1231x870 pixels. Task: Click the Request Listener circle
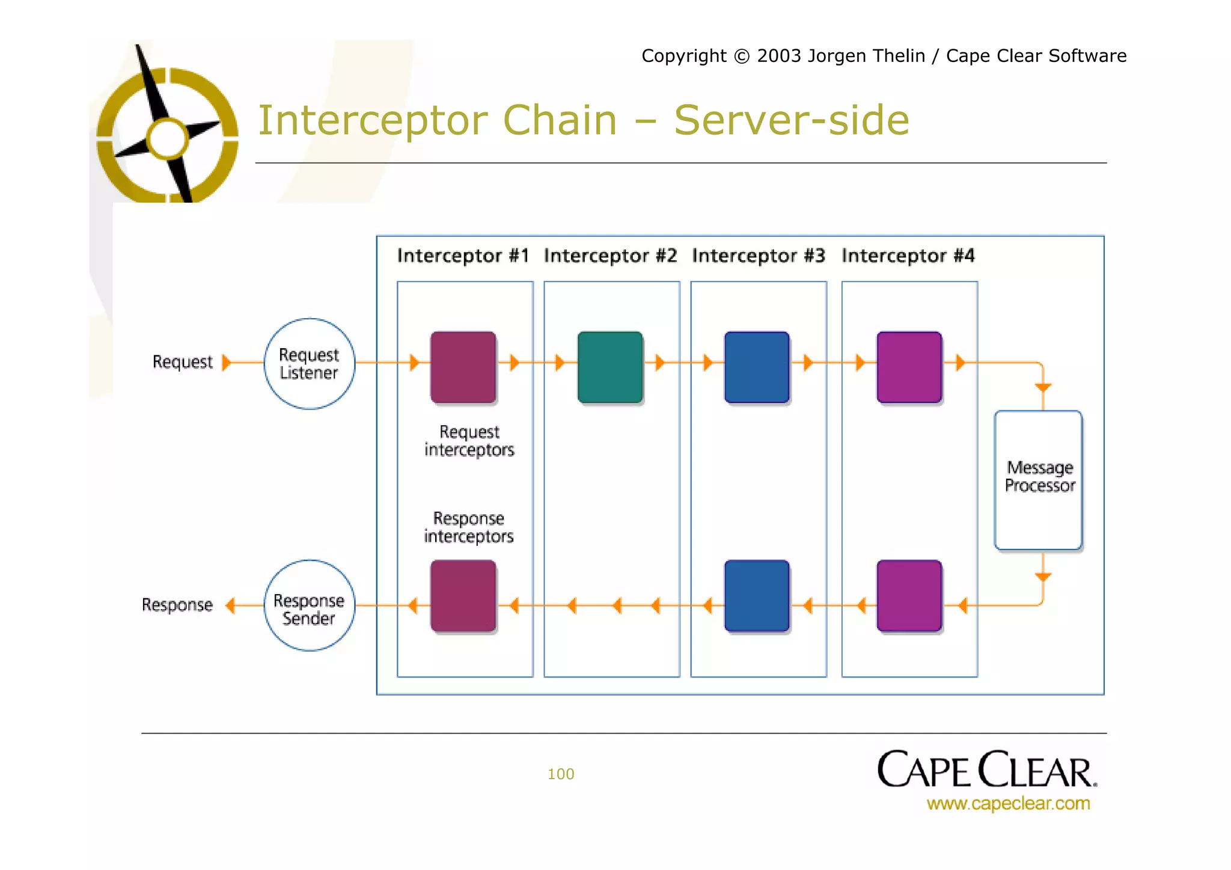pos(309,364)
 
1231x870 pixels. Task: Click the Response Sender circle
pos(309,605)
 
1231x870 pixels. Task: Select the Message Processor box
pos(1039,480)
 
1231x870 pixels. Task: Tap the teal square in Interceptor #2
pos(610,367)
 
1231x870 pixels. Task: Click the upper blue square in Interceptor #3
pos(757,367)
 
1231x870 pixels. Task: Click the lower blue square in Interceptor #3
pos(757,595)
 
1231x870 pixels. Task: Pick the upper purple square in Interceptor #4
pos(909,367)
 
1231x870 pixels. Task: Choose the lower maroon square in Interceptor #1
pos(463,595)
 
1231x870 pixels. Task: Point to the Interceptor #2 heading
pos(610,256)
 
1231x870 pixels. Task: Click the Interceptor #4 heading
pos(908,256)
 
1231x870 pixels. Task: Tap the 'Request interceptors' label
pos(469,441)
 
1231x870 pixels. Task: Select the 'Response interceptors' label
pos(469,527)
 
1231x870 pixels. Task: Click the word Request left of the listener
pos(182,362)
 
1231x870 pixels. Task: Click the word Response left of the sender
pos(177,605)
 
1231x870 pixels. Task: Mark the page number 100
pos(560,774)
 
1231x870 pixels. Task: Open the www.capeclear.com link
pos(1008,803)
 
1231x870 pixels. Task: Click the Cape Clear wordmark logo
pos(986,770)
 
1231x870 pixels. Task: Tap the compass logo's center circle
pos(168,139)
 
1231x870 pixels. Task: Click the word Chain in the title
pos(560,120)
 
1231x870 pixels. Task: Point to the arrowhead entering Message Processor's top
pos(1043,388)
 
